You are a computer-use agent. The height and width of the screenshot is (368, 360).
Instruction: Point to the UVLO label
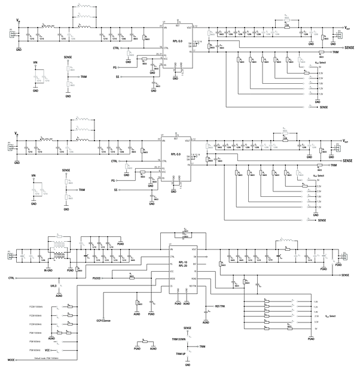point(53,287)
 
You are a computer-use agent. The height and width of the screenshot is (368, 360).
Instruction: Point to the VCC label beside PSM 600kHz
point(56,349)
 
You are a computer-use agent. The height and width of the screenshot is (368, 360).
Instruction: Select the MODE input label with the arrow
point(11,359)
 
